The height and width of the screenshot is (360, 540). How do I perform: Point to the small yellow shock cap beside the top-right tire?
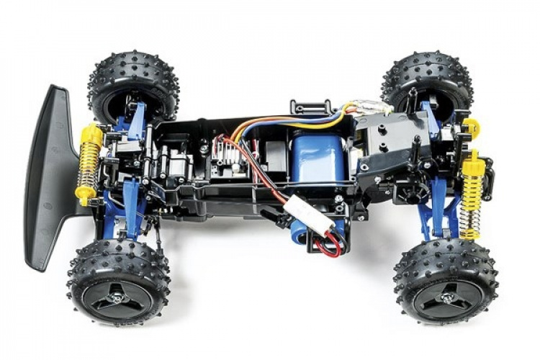pyautogui.click(x=472, y=128)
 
